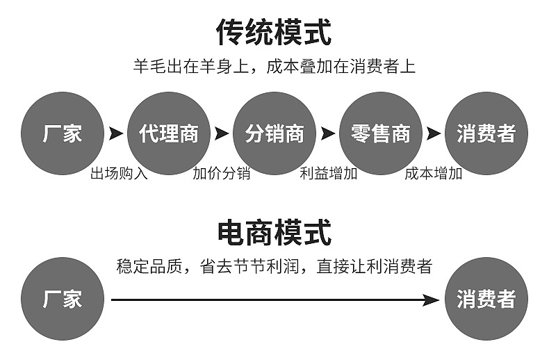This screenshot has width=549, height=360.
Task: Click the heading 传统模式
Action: (x=274, y=32)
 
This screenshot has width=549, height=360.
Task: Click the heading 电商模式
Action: (x=274, y=232)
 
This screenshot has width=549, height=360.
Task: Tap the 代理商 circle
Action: (x=169, y=133)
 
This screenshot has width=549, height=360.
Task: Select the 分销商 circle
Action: (x=274, y=133)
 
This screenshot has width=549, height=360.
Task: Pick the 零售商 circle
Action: (x=381, y=133)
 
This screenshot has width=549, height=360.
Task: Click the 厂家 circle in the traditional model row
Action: (x=63, y=133)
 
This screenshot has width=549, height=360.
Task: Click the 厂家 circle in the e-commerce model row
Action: (x=63, y=300)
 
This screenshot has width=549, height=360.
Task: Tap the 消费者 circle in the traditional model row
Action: (x=486, y=133)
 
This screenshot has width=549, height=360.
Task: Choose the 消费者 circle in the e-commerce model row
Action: (x=486, y=300)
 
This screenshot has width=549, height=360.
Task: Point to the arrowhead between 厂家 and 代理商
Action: (x=115, y=133)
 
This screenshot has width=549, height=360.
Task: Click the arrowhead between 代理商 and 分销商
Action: (x=222, y=133)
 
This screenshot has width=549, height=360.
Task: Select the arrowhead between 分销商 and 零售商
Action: (x=328, y=133)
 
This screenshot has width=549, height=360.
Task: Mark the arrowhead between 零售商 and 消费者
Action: (x=434, y=133)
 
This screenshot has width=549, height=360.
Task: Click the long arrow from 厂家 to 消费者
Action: (x=274, y=300)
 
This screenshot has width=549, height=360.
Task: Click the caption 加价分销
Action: (x=221, y=174)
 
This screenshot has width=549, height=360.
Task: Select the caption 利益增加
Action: (x=328, y=174)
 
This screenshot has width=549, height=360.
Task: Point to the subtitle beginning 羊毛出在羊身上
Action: (x=274, y=67)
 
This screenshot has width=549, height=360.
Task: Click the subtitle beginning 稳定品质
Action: (x=274, y=266)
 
